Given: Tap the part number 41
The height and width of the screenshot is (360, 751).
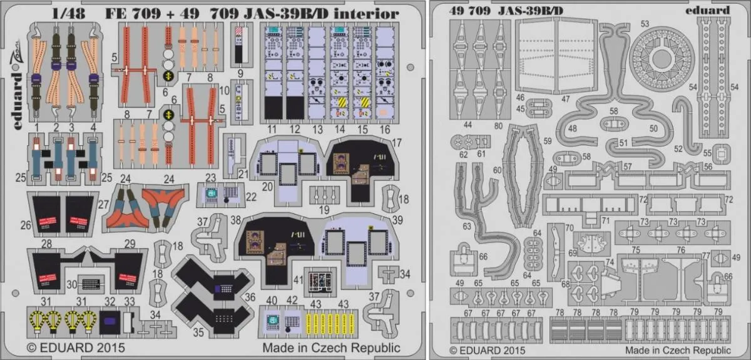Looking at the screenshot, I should point(299,280).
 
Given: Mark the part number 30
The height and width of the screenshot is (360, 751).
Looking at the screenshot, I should point(72,284).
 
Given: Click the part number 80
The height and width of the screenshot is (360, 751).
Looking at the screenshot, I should point(498,124).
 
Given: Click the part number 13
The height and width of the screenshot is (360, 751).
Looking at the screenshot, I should point(317,130).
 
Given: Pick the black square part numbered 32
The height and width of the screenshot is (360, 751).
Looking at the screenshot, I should point(109,319).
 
